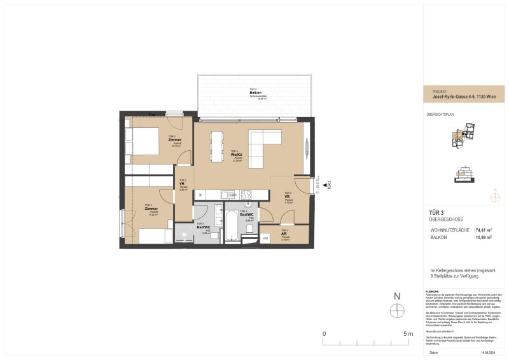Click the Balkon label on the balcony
click(256, 93)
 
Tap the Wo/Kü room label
click(236, 155)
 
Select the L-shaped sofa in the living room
click(261, 146)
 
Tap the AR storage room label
click(284, 233)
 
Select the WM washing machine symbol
click(265, 238)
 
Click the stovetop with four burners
click(246, 194)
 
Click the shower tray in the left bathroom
click(186, 235)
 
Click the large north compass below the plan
click(398, 310)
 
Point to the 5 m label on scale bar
click(408, 333)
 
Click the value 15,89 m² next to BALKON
click(484, 237)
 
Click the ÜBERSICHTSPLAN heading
click(441, 114)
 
